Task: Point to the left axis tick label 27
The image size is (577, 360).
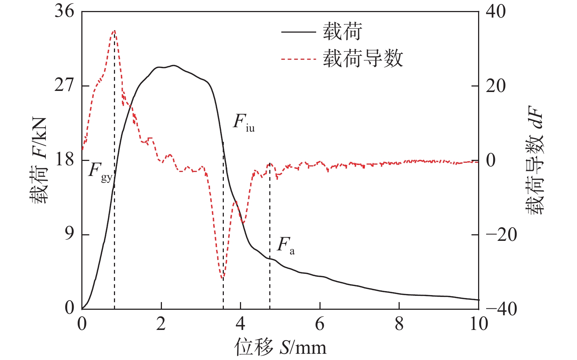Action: click(x=64, y=86)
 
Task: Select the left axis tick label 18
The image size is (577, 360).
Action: click(x=64, y=160)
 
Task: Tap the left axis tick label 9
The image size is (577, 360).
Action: click(x=69, y=234)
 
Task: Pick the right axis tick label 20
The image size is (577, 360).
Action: click(x=495, y=86)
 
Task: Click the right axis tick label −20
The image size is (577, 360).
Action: click(x=501, y=235)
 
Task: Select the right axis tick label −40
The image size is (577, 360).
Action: click(x=501, y=309)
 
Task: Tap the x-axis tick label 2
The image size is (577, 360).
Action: click(x=161, y=324)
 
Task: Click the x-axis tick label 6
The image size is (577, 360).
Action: click(x=320, y=324)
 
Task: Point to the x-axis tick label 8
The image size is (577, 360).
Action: click(x=399, y=324)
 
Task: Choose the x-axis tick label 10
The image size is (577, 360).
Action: click(x=478, y=324)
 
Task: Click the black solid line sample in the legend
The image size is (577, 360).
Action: click(x=298, y=32)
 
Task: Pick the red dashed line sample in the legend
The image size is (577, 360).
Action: click(x=298, y=59)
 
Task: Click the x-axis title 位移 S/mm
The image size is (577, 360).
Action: click(x=280, y=347)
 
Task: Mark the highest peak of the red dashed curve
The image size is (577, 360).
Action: click(x=114, y=31)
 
